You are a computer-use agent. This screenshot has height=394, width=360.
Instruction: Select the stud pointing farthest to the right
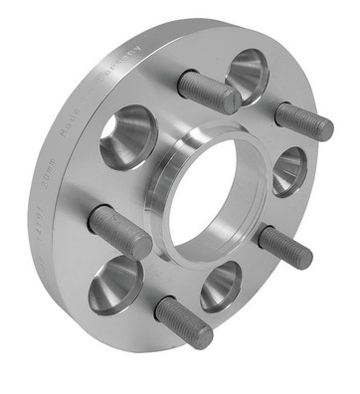point(303,120)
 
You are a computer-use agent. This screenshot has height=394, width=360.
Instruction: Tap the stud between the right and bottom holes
point(284,247)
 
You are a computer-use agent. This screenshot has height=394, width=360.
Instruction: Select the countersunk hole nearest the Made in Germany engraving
point(126,136)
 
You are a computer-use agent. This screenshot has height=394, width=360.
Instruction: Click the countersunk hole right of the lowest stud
point(221,286)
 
